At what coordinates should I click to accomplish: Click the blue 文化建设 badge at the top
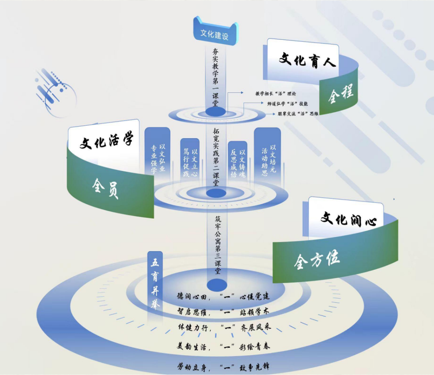(215, 34)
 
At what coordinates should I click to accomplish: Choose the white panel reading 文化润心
(348, 219)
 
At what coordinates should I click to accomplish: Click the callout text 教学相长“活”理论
(275, 93)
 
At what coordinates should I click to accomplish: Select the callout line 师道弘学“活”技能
(287, 103)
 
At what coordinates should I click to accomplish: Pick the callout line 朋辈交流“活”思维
(298, 113)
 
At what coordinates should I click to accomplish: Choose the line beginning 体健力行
(224, 327)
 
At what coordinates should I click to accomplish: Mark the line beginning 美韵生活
(224, 346)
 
